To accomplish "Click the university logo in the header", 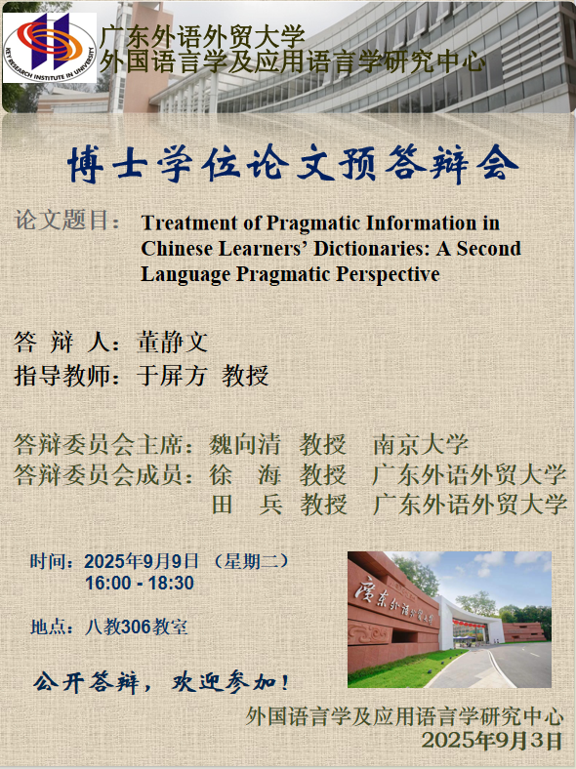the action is [50, 48].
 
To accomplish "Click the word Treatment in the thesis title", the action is [189, 223].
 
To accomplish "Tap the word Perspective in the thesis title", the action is [388, 274].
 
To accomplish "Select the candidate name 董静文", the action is [172, 342].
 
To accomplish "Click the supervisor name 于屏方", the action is [172, 376].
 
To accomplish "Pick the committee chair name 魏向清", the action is [245, 445].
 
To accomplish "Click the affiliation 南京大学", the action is [421, 445].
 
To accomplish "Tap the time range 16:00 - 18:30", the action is [140, 584].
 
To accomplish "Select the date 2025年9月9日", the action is [142, 561].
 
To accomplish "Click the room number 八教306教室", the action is [136, 627].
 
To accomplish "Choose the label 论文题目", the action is [61, 220].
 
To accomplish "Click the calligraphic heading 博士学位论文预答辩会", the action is [293, 163].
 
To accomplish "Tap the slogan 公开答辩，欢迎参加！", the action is [161, 682].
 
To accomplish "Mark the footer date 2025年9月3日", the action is [492, 740].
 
